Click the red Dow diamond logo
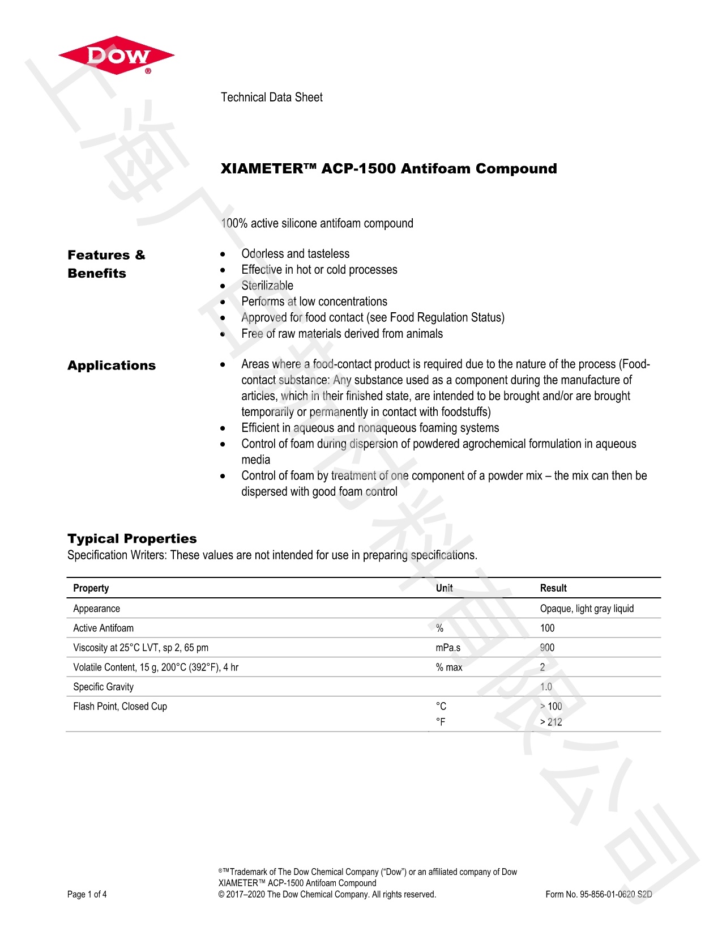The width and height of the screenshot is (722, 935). click(116, 56)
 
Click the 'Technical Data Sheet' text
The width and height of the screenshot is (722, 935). click(271, 97)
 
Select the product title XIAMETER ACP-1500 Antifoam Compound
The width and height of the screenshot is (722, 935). click(388, 169)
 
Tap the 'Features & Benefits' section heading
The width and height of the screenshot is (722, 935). click(106, 264)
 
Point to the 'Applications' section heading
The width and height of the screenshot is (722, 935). click(112, 365)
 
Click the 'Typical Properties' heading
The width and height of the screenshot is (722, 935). click(132, 539)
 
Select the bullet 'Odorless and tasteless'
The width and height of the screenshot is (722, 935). click(295, 254)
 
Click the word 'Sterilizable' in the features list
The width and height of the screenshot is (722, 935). click(267, 286)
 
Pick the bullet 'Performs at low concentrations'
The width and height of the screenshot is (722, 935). click(314, 301)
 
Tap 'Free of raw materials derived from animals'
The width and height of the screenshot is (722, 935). click(342, 334)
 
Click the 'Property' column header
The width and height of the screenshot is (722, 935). click(91, 588)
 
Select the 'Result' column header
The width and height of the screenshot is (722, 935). click(553, 588)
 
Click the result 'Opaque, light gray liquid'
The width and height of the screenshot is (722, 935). click(587, 609)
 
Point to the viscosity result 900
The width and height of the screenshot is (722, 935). click(547, 648)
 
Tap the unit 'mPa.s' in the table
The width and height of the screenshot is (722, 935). click(448, 648)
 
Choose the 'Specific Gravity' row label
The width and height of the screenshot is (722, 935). click(103, 687)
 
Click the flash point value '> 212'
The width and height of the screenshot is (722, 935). click(551, 722)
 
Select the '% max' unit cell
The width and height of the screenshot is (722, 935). click(448, 668)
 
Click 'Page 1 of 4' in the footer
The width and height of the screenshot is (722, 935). click(87, 895)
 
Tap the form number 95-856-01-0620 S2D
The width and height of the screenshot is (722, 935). click(599, 895)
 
